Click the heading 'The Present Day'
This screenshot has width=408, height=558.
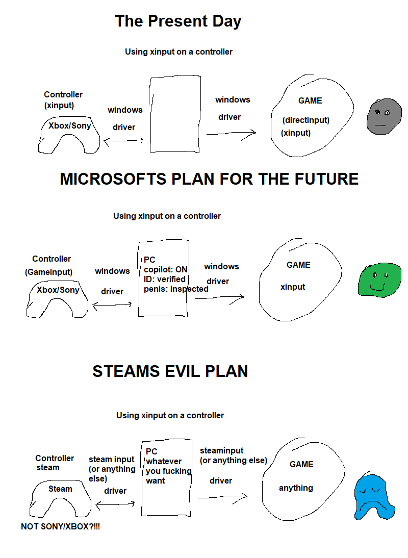pyautogui.click(x=178, y=21)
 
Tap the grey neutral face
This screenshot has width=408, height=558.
pyautogui.click(x=381, y=117)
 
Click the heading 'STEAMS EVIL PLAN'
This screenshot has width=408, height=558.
pyautogui.click(x=170, y=371)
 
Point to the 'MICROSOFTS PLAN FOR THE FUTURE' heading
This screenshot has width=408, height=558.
pyautogui.click(x=209, y=179)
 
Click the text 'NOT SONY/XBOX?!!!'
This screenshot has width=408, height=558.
pyautogui.click(x=60, y=526)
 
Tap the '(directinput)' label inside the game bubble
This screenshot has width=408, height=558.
pyautogui.click(x=306, y=120)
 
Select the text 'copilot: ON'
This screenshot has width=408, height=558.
pyautogui.click(x=166, y=269)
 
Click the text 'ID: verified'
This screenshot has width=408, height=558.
pyautogui.click(x=165, y=279)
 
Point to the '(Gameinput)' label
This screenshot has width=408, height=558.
pyautogui.click(x=48, y=272)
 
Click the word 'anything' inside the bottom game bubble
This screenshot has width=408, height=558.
pyautogui.click(x=296, y=488)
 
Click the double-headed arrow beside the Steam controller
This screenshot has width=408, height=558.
pyautogui.click(x=115, y=503)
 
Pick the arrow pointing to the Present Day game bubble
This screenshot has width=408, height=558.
pyautogui.click(x=231, y=134)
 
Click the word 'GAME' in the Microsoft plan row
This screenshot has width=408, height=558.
pyautogui.click(x=298, y=265)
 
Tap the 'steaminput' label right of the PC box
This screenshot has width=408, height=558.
pyautogui.click(x=222, y=450)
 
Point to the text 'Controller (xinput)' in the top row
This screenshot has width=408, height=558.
pyautogui.click(x=63, y=99)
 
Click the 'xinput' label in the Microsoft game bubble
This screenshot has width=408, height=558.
pyautogui.click(x=293, y=287)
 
